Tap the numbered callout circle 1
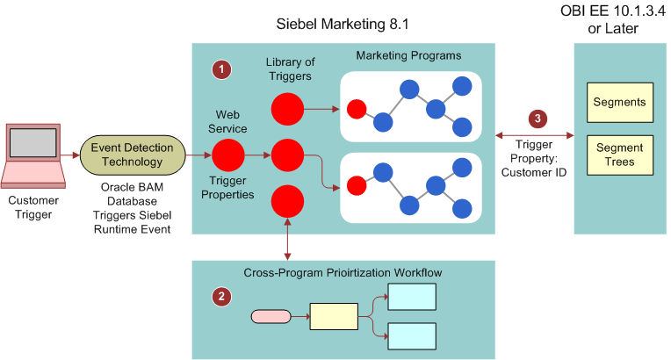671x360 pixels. [223, 69]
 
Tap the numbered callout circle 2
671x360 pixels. [222, 297]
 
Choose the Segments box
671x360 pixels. [619, 103]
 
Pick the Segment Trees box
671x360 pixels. [619, 155]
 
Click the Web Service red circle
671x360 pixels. [228, 155]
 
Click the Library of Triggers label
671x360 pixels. [291, 68]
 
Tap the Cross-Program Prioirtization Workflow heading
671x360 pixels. [343, 272]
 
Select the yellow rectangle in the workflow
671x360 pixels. [333, 315]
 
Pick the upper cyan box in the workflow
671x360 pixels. [412, 298]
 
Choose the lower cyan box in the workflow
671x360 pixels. [412, 335]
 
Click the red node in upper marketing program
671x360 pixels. [356, 110]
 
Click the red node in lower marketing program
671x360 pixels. [356, 186]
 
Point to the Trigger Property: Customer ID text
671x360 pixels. [536, 158]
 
